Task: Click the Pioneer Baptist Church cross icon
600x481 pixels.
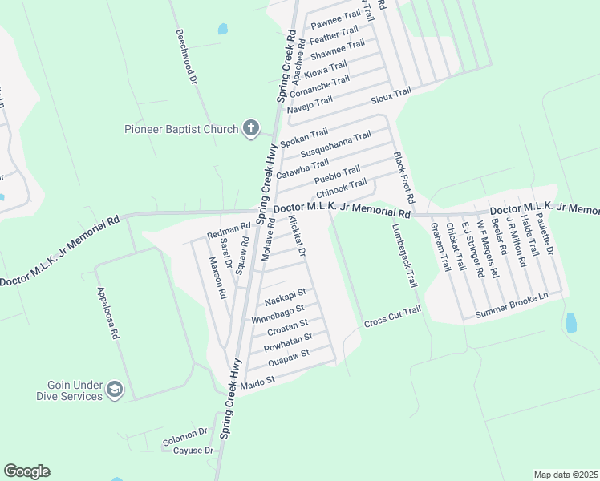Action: coord(251,128)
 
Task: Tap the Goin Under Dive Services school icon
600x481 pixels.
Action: coord(115,390)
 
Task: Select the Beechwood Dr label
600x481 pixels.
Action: coord(186,59)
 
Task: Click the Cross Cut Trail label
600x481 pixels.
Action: coord(392,317)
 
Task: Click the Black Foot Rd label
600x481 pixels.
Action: coord(403,176)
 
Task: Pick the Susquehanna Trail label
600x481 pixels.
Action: coord(334,143)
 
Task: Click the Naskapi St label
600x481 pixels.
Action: coord(286,297)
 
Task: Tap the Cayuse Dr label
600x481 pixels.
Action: coord(193,451)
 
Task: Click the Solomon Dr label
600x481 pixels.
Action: coord(185,436)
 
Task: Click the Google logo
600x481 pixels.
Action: coord(26,471)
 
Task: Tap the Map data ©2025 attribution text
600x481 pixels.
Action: coord(566,475)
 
